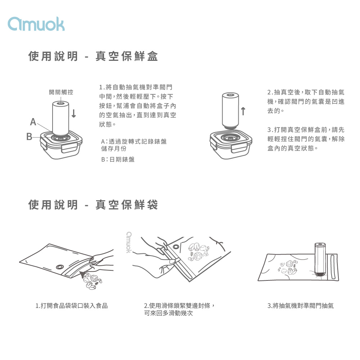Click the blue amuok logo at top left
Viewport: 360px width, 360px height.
tap(36, 24)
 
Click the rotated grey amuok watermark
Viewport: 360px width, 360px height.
tap(129, 242)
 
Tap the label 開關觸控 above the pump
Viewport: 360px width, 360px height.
tap(61, 92)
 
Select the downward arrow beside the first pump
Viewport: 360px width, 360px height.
tap(74, 113)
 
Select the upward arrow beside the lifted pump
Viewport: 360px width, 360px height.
tap(243, 111)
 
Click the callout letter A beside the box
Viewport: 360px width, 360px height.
tap(33, 122)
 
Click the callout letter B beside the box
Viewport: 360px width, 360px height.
tap(29, 136)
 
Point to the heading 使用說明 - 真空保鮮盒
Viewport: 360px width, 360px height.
tap(93, 56)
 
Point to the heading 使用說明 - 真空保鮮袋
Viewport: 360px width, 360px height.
tap(93, 204)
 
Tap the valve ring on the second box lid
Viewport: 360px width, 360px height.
tap(230, 138)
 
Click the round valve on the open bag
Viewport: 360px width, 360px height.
tap(60, 267)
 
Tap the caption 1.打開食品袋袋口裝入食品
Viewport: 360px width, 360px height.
tap(72, 306)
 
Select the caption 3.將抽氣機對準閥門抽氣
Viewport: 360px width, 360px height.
tap(301, 306)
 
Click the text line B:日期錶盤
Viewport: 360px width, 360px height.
tap(118, 159)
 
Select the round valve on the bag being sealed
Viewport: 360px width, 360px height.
tap(176, 247)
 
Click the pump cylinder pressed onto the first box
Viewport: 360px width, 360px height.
tap(60, 118)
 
